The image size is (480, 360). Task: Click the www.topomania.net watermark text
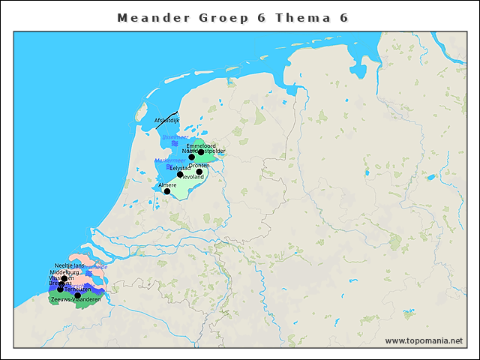(x=424, y=341)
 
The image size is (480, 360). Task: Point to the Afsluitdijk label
(x=166, y=120)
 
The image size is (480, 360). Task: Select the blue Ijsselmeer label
(x=174, y=137)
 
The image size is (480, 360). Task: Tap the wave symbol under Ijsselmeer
(x=175, y=145)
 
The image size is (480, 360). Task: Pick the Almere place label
(x=167, y=184)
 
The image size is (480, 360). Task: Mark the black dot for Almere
(x=167, y=191)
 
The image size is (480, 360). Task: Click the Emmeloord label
(x=201, y=145)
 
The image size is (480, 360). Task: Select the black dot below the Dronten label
(x=199, y=172)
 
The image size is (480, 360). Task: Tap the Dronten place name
(x=199, y=166)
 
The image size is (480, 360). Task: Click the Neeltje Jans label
(x=70, y=265)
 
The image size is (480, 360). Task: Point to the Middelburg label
(x=64, y=272)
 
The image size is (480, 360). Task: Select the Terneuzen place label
(x=77, y=289)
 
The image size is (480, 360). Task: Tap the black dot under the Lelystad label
(x=180, y=175)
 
